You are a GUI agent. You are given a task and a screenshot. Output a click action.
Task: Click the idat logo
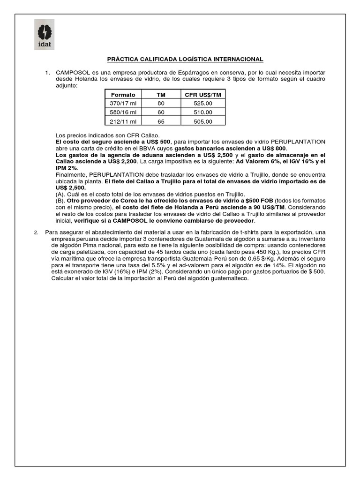pos(44,35)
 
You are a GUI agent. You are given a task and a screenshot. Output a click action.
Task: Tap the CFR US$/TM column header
pos(203,95)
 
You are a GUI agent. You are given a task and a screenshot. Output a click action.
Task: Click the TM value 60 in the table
pos(161,112)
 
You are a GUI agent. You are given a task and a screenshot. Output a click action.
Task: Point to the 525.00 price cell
pos(203,103)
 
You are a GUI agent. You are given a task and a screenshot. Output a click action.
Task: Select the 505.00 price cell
pos(203,121)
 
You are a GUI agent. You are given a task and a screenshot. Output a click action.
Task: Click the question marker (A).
pos(60,194)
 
